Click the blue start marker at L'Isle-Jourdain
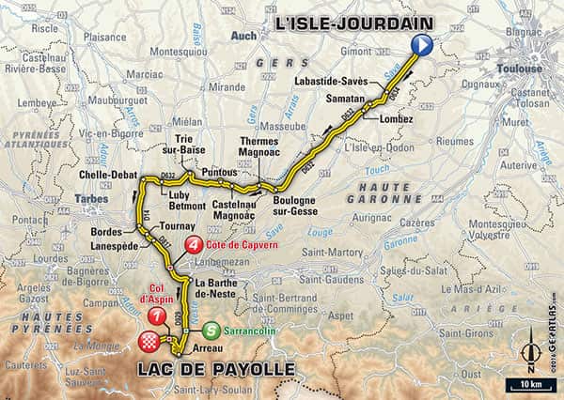[x=421, y=43]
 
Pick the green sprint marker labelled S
[x=214, y=330]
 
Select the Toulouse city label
[x=521, y=69]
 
